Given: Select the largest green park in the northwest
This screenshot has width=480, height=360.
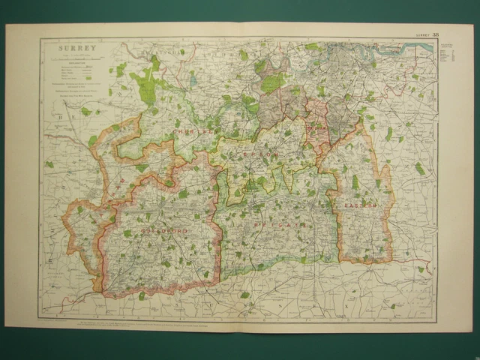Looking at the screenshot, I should point(145,79).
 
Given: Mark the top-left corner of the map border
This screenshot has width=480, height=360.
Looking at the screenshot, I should point(39,39).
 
